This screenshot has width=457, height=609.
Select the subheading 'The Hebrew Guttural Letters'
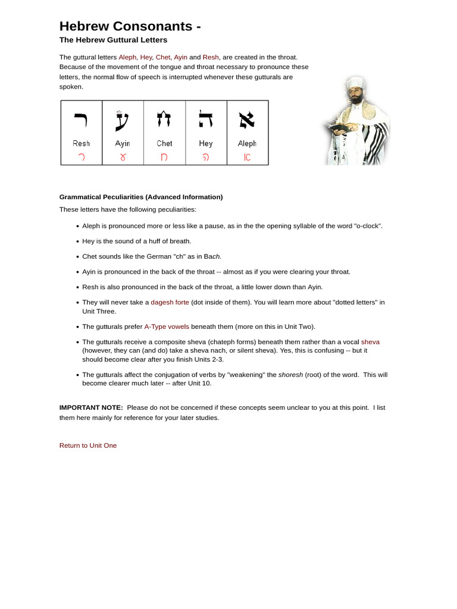coord(113,40)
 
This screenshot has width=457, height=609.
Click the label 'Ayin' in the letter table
coord(123,143)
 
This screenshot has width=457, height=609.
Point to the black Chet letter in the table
coord(164,120)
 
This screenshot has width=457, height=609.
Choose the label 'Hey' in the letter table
coord(206,143)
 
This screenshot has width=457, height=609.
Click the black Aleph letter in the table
coord(247,120)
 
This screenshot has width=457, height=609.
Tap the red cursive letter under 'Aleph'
coord(247,158)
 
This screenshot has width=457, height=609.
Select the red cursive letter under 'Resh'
coord(81,158)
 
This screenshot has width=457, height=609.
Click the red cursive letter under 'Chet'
coord(164,158)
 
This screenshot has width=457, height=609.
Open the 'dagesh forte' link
coord(170,302)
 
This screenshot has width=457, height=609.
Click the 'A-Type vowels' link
coord(167,327)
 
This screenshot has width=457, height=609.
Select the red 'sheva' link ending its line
coord(370,342)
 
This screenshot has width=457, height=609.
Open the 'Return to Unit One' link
coord(88,445)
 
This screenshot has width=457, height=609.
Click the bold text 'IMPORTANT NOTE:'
coord(91,407)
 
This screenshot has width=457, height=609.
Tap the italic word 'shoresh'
coord(290,375)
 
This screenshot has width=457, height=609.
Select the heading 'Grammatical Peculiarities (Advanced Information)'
coord(141,197)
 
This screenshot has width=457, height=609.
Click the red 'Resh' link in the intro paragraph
coord(211,57)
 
